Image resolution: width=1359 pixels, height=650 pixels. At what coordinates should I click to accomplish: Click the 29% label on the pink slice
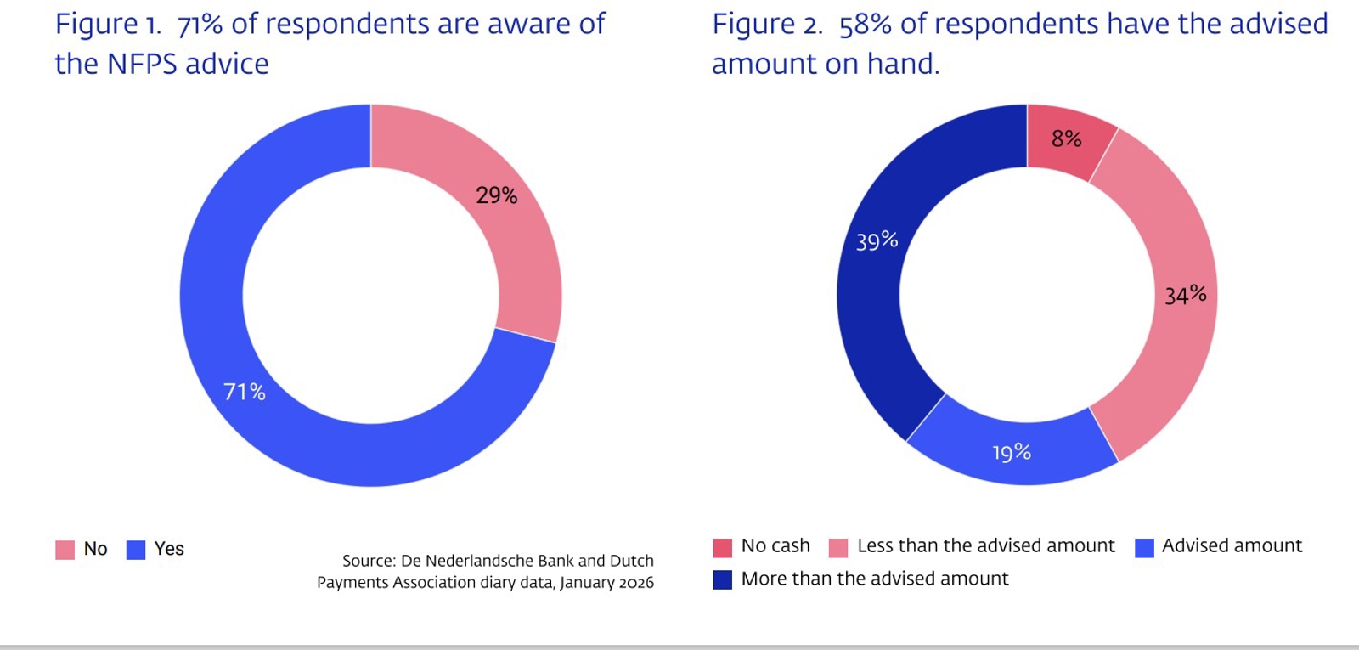pos(496,195)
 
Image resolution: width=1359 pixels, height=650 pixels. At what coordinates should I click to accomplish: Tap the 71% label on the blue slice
pos(245,392)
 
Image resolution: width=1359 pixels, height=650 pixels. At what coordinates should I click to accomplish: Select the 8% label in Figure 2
pos(1066,138)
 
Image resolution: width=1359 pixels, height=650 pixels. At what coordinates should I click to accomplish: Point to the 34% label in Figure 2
pos(1185,295)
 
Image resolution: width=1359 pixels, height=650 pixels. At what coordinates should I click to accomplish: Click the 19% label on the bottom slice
pos(1012,452)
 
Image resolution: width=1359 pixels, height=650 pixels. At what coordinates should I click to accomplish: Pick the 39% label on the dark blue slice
pos(877,241)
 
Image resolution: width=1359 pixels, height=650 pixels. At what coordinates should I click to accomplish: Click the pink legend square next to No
pos(65,550)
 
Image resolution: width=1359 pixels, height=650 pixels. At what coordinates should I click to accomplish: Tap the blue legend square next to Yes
pos(136,550)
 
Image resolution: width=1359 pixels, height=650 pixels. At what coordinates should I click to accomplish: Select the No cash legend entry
pos(775,545)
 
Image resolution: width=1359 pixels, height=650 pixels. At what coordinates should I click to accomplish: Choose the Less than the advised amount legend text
pos(985,545)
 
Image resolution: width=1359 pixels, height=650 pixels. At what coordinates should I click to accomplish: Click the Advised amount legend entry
pos(1232,545)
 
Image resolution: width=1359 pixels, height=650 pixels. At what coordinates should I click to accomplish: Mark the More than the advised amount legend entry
pos(874,579)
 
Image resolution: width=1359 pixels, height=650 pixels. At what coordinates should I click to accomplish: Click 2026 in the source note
pos(636,583)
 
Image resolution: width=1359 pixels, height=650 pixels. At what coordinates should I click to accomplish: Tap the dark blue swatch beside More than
pos(722,579)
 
